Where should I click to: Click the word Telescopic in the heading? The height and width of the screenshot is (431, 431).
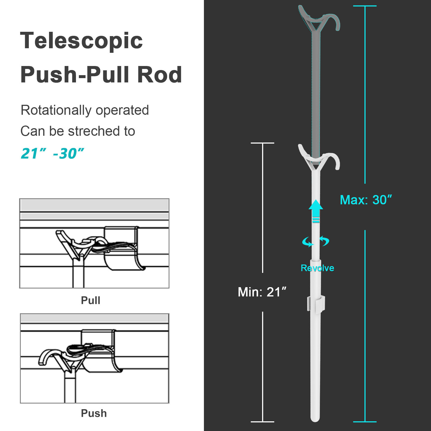tap(81, 41)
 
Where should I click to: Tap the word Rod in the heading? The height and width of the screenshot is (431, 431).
tap(159, 75)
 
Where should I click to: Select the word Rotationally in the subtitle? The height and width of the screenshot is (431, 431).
tap(56, 110)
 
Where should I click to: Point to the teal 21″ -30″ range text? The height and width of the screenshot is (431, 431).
tap(52, 154)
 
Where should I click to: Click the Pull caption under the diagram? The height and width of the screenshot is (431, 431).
tap(91, 300)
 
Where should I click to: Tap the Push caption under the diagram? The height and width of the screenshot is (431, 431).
tap(94, 413)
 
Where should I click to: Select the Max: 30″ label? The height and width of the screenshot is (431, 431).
tap(366, 200)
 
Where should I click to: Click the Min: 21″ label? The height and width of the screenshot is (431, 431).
tap(262, 292)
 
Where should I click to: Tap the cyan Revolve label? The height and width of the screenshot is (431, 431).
tap(317, 268)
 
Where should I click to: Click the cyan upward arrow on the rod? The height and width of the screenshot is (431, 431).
tap(316, 211)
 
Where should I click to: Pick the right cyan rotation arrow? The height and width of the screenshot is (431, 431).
tap(325, 241)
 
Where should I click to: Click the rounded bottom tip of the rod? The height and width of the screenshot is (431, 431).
tap(315, 418)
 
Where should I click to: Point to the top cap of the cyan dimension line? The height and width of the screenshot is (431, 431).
tap(365, 6)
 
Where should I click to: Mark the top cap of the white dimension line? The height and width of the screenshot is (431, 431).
tap(262, 143)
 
